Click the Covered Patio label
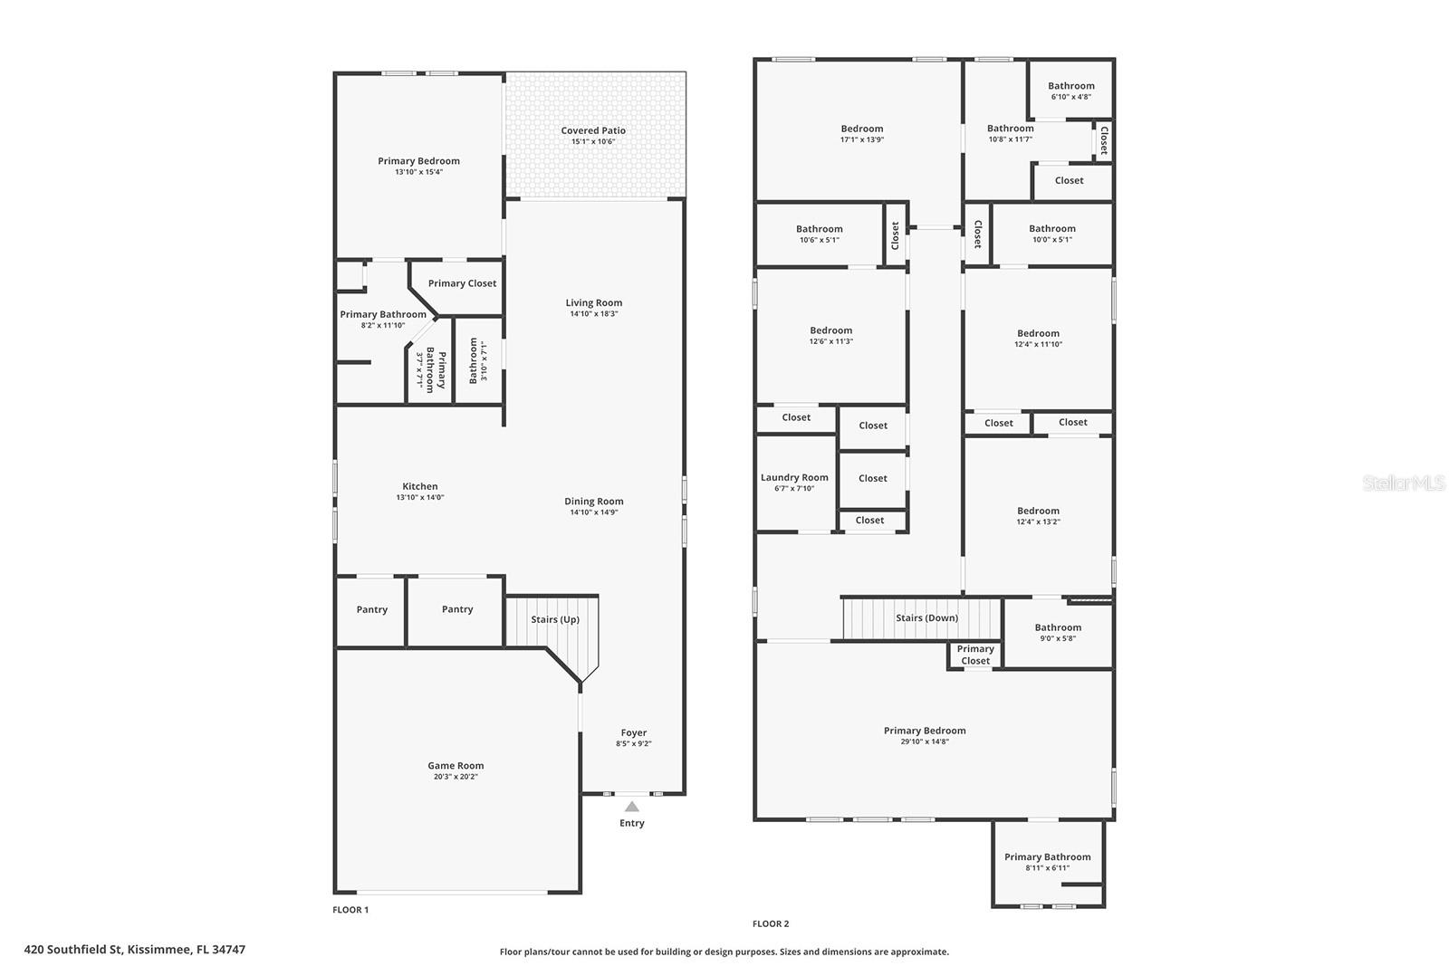592,130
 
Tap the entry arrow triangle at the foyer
631,807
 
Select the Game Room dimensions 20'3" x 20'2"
456,777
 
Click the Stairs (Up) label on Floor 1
554,619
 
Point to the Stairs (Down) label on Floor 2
926,618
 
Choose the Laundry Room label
794,477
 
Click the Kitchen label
419,486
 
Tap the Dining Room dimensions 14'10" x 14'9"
593,512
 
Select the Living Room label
593,302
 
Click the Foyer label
633,732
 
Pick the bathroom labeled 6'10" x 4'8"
1070,91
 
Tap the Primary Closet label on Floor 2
975,655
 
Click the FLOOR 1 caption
351,910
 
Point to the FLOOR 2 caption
771,923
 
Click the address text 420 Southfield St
135,950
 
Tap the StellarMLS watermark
1404,483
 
